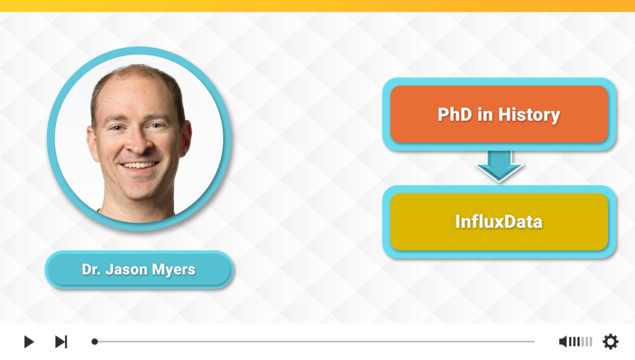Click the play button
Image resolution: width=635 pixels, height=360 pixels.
click(x=29, y=341)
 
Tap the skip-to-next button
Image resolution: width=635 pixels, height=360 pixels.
click(x=61, y=341)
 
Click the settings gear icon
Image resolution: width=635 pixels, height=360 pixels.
click(x=610, y=341)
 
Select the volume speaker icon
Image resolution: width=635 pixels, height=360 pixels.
click(x=563, y=341)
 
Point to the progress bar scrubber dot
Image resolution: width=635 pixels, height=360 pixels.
click(x=95, y=341)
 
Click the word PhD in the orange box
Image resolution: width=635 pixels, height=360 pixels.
click(x=455, y=114)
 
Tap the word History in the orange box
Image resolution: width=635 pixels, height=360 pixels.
click(x=529, y=115)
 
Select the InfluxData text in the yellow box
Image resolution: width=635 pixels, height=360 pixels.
click(x=499, y=222)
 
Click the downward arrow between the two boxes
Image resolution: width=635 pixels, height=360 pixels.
click(x=499, y=166)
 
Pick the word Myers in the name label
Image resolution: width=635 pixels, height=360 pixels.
click(x=174, y=270)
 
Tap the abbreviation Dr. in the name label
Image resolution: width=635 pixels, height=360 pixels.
click(x=91, y=269)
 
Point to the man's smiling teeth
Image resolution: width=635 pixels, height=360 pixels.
click(x=139, y=165)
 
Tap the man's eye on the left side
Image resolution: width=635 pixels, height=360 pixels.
click(x=117, y=128)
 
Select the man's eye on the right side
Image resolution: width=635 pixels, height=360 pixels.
click(x=157, y=125)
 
